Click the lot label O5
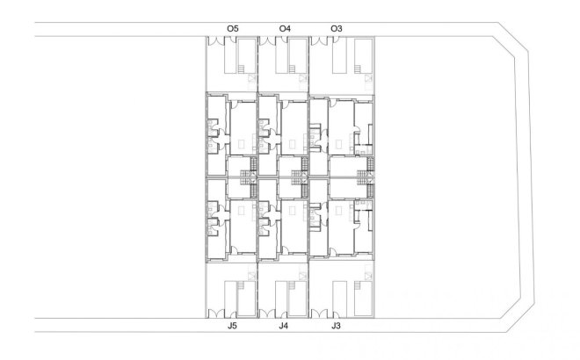(x=233, y=29)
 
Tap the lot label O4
(x=285, y=29)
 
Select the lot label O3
(x=337, y=29)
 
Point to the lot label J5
(x=233, y=326)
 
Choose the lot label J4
(x=284, y=326)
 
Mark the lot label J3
(x=337, y=326)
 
